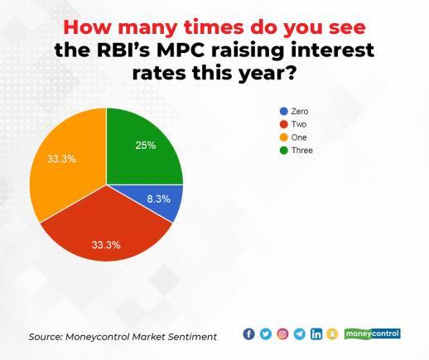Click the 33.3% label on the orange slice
[x=60, y=158]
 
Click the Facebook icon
[x=248, y=334]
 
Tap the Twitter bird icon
[x=265, y=334]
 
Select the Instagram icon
[x=282, y=334]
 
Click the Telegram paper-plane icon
[x=299, y=334]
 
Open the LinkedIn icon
[x=316, y=334]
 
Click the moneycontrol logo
[x=372, y=334]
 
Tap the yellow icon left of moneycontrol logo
[x=333, y=334]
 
